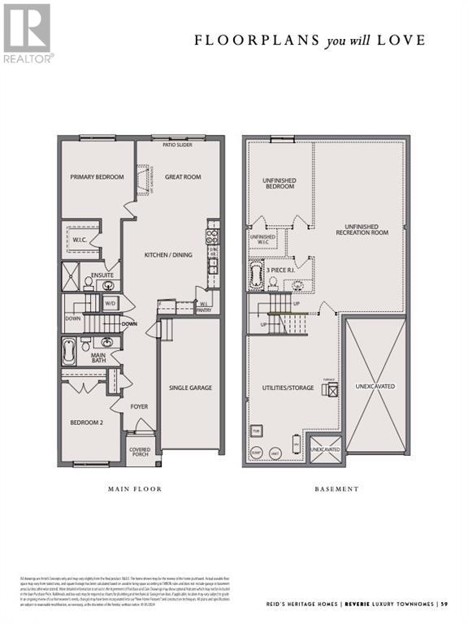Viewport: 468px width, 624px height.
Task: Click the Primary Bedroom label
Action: (97, 177)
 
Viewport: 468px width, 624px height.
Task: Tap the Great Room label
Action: (182, 177)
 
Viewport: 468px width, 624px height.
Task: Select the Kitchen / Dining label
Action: (168, 255)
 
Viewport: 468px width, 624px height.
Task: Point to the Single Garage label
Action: (190, 388)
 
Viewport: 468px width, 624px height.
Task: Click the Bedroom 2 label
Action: (86, 423)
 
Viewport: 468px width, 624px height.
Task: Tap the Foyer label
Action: (139, 405)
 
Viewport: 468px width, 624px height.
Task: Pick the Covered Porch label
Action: (140, 451)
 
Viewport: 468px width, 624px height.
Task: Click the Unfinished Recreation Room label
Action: (362, 229)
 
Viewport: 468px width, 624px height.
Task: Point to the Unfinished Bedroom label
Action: (279, 183)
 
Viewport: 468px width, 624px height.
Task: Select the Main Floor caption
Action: (135, 489)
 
